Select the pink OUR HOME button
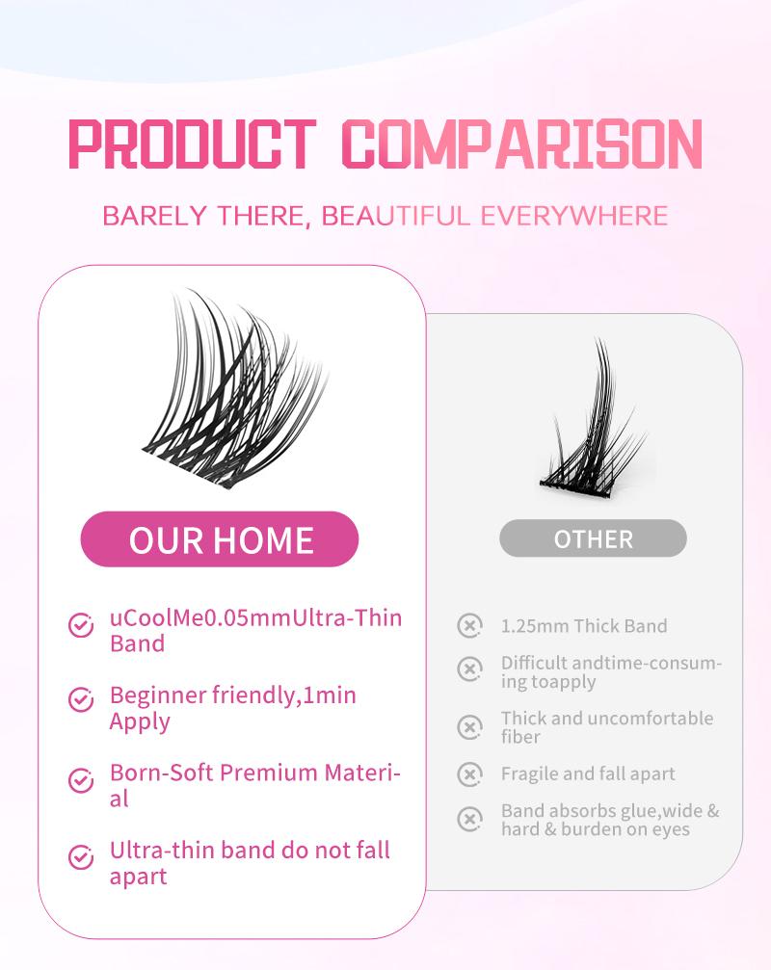tap(220, 539)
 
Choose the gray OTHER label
tap(593, 538)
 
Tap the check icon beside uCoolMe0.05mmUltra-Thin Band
tap(81, 626)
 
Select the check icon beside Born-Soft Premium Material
tap(81, 779)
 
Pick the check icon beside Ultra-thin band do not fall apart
tap(81, 855)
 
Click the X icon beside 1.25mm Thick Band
tap(469, 626)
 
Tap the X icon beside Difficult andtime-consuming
tap(469, 668)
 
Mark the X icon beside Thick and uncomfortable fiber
tap(469, 727)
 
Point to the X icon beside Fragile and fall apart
tap(469, 773)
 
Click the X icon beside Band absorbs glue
tap(469, 820)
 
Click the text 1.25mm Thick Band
tap(584, 626)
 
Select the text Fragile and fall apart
tap(588, 773)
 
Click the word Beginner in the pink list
tap(158, 695)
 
